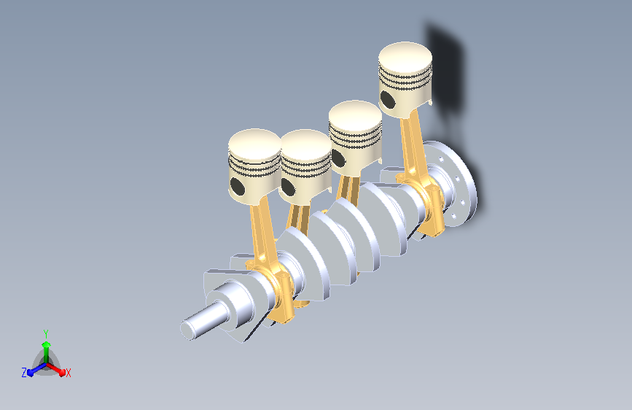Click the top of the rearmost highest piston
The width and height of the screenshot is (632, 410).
[x=405, y=57]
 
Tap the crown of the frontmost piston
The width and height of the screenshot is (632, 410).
[x=254, y=144]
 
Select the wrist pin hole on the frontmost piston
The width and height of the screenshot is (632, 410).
[x=238, y=186]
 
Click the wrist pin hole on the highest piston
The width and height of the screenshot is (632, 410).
[x=388, y=100]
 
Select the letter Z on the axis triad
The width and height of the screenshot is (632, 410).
[x=24, y=373]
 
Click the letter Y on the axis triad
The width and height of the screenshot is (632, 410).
[x=46, y=334]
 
